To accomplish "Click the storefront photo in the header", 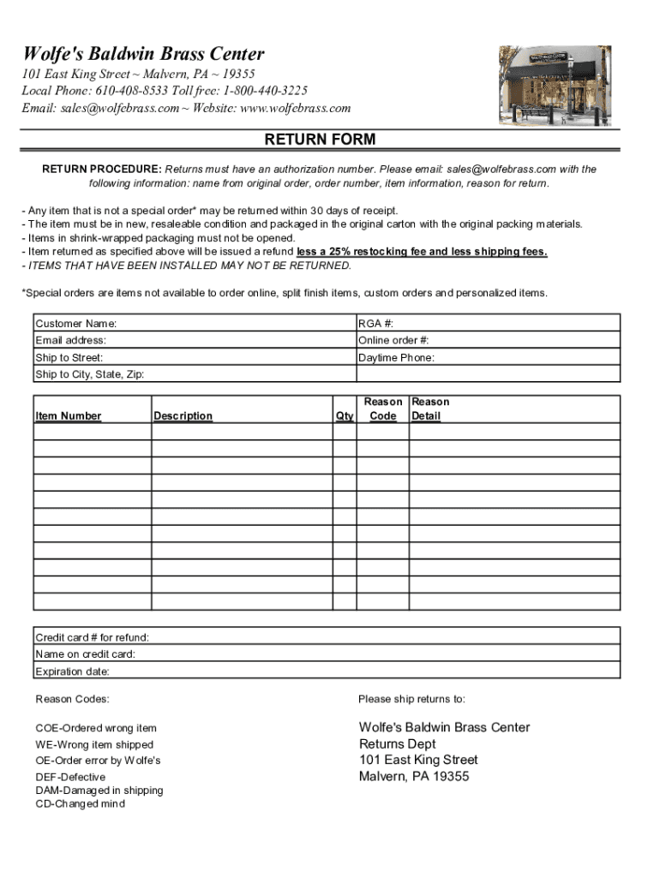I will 555,85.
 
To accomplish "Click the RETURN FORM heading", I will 320,140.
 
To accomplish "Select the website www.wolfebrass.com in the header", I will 295,108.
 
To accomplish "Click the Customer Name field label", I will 75,324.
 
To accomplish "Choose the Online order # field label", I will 393,340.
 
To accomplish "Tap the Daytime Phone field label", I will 396,358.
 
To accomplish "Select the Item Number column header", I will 68,416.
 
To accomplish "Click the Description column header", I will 183,416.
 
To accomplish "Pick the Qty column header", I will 345,416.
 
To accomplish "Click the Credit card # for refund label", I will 92,637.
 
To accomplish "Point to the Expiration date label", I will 72,671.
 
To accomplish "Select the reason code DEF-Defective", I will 70,777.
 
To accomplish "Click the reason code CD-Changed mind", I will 80,804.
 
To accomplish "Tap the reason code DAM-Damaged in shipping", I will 99,790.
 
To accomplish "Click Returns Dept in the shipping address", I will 398,743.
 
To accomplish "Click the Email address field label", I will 70,340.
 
